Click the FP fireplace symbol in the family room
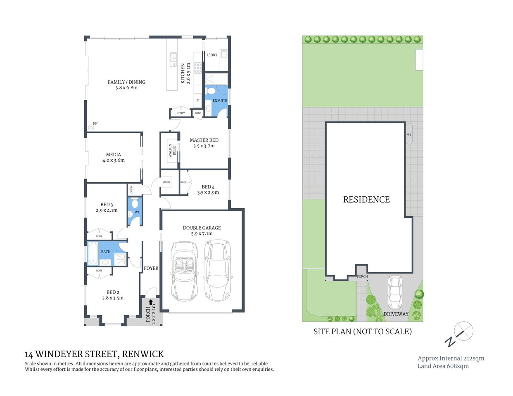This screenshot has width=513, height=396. point(91,127)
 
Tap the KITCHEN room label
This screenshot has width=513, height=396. point(183,73)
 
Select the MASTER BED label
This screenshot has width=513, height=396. point(204,140)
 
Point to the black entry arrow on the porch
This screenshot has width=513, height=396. point(150,302)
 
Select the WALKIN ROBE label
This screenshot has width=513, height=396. point(172,151)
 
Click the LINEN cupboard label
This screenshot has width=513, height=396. point(166,182)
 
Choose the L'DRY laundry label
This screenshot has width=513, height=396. point(212,55)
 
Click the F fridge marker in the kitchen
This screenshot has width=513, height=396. point(197,101)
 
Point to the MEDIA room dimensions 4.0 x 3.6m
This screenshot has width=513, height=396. point(114,160)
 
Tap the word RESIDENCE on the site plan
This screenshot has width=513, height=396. point(366,200)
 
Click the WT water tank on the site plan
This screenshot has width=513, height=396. point(409,134)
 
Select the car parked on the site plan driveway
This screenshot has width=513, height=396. point(395,292)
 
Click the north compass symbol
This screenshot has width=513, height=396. point(459,334)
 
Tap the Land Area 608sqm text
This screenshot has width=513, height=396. point(443,366)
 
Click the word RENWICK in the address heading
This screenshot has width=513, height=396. point(144,354)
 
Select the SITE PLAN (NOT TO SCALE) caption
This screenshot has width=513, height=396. point(362,331)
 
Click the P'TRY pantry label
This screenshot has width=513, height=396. point(180,113)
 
